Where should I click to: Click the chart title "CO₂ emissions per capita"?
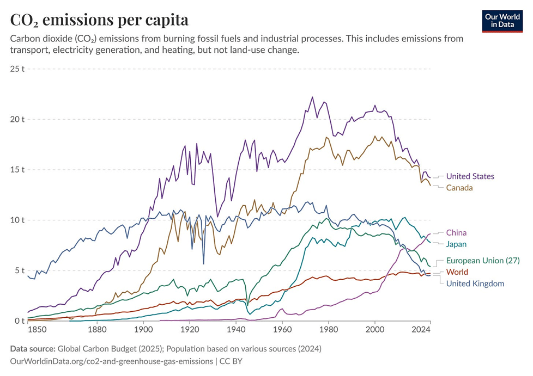click(x=99, y=20)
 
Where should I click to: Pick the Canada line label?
click(x=459, y=188)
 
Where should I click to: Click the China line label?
click(x=456, y=233)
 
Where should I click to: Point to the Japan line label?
click(x=457, y=244)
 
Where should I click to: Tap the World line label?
click(x=457, y=272)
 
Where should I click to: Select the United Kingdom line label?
click(x=475, y=283)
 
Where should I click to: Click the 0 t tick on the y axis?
click(x=20, y=321)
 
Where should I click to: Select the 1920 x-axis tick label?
click(x=190, y=329)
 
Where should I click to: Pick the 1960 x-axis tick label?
click(x=282, y=329)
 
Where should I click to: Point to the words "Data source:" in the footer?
click(x=32, y=349)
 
